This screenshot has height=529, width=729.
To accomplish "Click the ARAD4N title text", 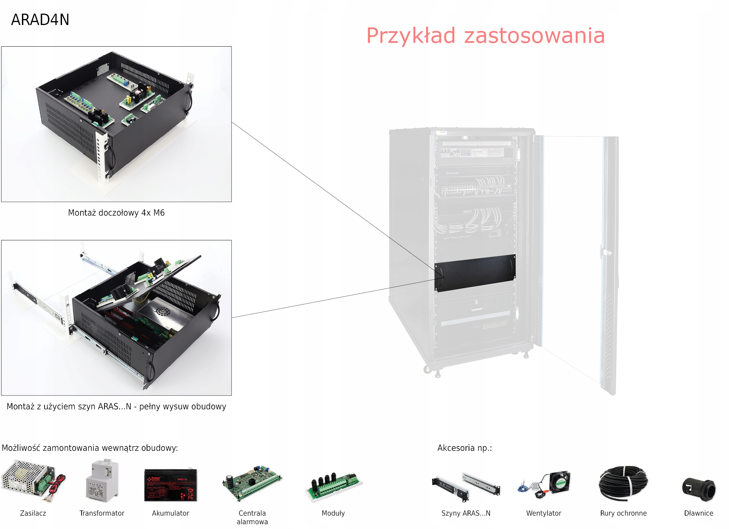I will click(x=40, y=20).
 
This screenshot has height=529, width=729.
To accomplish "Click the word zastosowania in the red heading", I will click(x=534, y=36).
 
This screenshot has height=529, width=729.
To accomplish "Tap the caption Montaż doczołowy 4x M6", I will click(x=116, y=213).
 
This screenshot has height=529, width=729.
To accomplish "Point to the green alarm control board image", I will click(x=252, y=482).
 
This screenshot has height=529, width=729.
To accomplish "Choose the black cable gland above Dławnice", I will click(x=699, y=489).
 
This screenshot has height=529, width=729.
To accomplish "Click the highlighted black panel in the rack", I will click(x=475, y=273).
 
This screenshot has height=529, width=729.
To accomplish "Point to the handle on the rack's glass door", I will click(x=604, y=252).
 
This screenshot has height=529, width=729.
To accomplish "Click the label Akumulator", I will click(x=171, y=513).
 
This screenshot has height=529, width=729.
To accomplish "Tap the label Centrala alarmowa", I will click(x=252, y=517).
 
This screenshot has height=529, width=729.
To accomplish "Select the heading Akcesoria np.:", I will click(x=465, y=448).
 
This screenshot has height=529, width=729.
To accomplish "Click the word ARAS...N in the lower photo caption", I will click(x=114, y=407).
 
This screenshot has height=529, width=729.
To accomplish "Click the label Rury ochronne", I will click(x=623, y=513).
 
